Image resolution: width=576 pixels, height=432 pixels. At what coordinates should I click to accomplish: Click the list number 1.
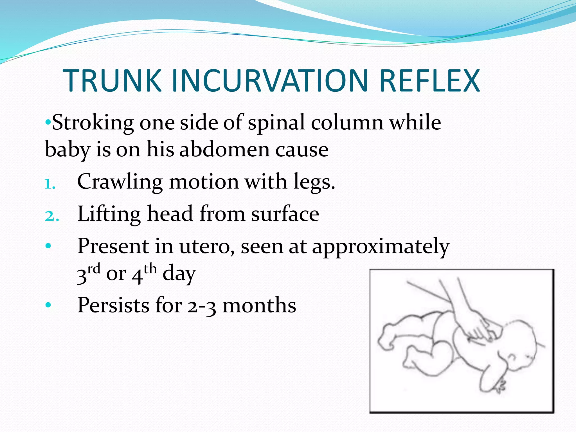[x=50, y=184]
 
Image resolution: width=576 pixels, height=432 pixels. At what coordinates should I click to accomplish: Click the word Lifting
[x=109, y=214]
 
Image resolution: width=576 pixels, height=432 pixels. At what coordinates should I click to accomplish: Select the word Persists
[x=113, y=305]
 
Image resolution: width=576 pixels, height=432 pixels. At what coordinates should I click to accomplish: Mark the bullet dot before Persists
[x=48, y=305]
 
